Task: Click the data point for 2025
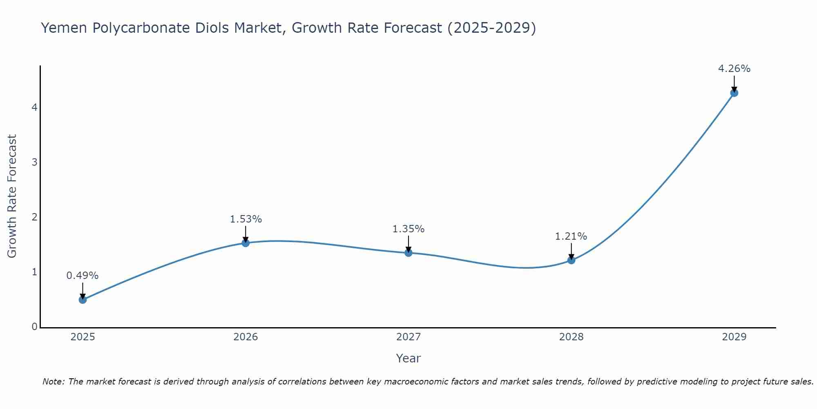[83, 299]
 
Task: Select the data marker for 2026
[246, 243]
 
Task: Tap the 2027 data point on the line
[408, 253]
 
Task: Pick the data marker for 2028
[571, 260]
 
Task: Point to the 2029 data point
[734, 93]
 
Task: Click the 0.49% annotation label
[83, 276]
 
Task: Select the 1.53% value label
[246, 219]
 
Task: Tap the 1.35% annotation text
[408, 229]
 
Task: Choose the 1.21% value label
[571, 236]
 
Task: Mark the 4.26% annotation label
[734, 69]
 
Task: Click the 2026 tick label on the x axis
[246, 337]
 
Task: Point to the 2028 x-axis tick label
[571, 337]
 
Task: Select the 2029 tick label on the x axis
[734, 337]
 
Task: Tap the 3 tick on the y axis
[34, 162]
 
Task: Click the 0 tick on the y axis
[34, 327]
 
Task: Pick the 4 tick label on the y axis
[34, 108]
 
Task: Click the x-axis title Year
[408, 358]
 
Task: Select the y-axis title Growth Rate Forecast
[12, 196]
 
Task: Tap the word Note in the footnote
[53, 382]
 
